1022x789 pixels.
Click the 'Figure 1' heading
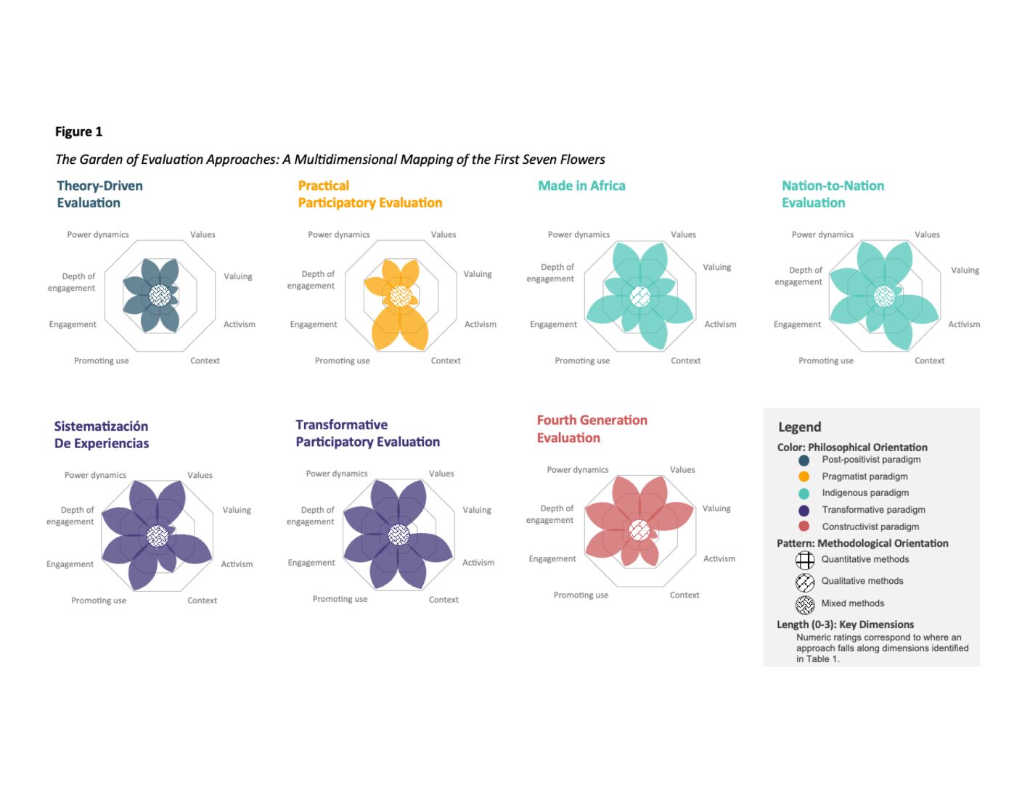pyautogui.click(x=78, y=132)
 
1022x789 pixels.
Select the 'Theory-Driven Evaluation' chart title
pyautogui.click(x=99, y=194)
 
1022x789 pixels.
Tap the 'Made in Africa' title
pyautogui.click(x=581, y=186)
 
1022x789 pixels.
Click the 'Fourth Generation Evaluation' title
pyautogui.click(x=592, y=429)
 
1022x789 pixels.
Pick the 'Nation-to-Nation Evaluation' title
pyautogui.click(x=833, y=194)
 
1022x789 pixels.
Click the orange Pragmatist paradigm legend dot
pyautogui.click(x=804, y=476)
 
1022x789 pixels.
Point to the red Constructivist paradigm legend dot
pyautogui.click(x=804, y=526)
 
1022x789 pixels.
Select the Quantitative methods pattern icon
pyautogui.click(x=805, y=560)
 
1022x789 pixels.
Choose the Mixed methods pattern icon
pyautogui.click(x=805, y=604)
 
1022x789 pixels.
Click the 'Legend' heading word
pyautogui.click(x=799, y=427)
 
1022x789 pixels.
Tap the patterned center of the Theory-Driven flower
pyautogui.click(x=160, y=295)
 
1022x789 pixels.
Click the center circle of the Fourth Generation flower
pyautogui.click(x=639, y=530)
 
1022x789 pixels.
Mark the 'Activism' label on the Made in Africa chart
pyautogui.click(x=720, y=324)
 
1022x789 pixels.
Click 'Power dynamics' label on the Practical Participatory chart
pyautogui.click(x=338, y=234)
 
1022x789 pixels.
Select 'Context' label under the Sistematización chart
pyautogui.click(x=202, y=600)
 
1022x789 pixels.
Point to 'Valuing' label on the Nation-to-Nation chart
pyautogui.click(x=965, y=270)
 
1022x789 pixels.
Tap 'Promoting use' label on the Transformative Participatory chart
pyautogui.click(x=340, y=599)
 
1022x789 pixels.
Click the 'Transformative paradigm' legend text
pyautogui.click(x=873, y=510)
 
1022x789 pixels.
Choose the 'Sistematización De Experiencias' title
pyautogui.click(x=102, y=435)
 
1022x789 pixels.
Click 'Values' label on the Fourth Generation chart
pyautogui.click(x=682, y=470)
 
